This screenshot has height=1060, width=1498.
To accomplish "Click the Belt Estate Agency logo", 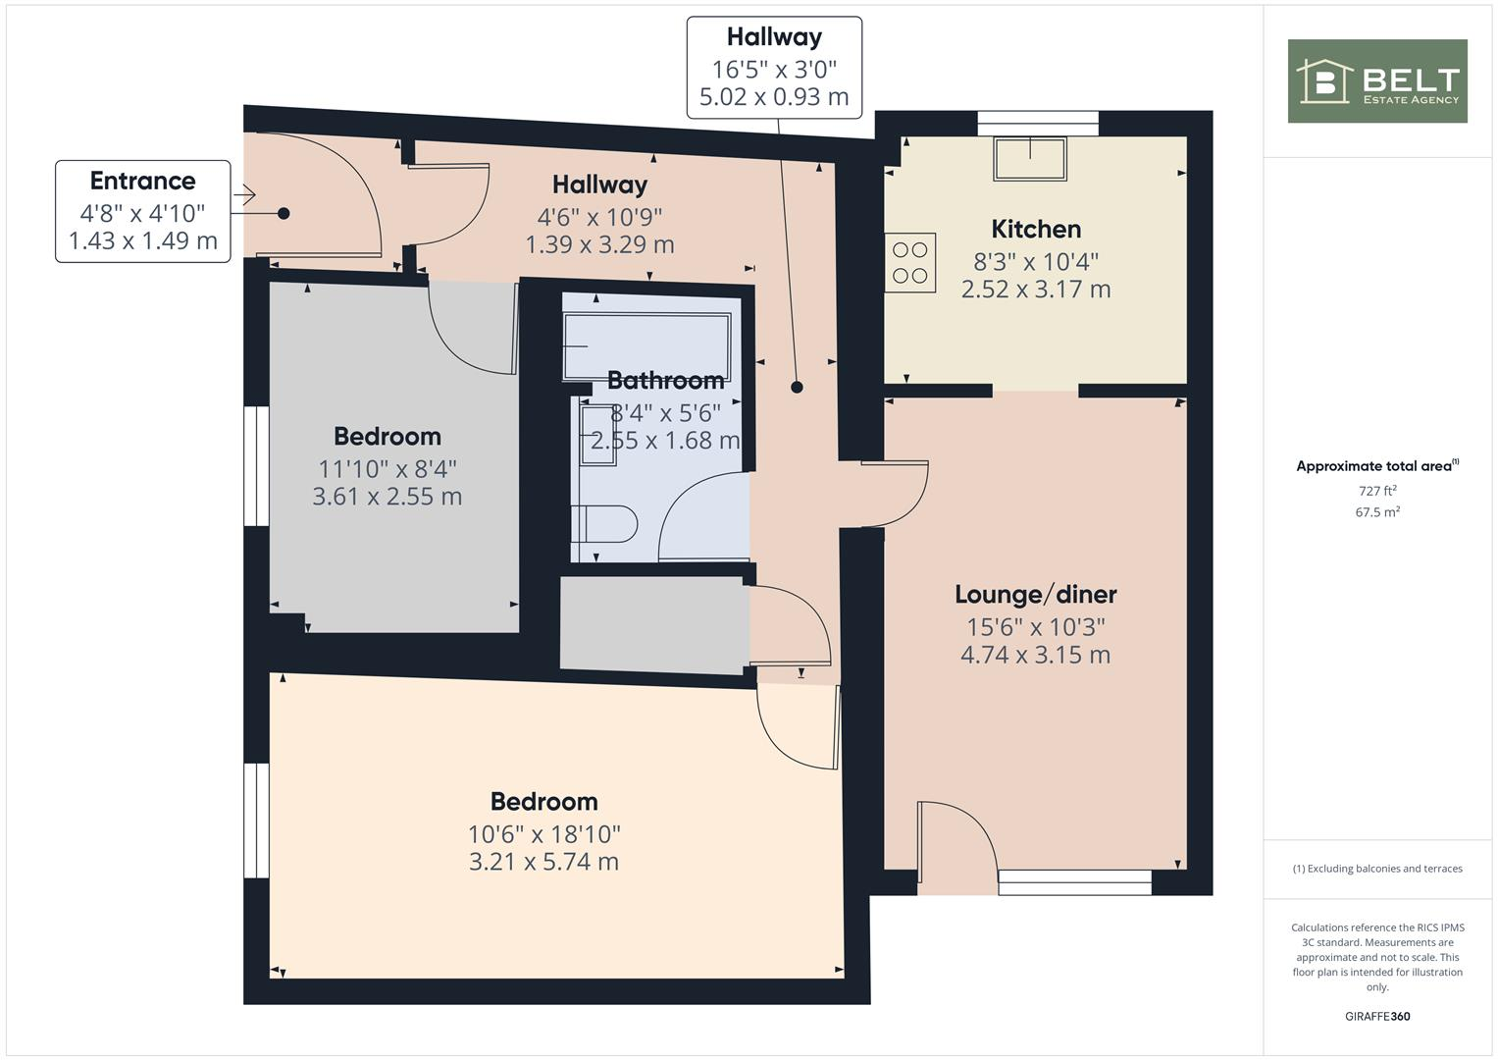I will [1376, 81].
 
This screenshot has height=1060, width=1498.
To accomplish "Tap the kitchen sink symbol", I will [1030, 159].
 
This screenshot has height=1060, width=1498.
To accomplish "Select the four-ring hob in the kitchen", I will [910, 262].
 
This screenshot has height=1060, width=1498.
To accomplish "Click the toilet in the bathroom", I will [605, 523].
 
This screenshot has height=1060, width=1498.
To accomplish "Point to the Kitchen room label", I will [1036, 230].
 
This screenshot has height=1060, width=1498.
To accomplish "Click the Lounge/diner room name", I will [1036, 595].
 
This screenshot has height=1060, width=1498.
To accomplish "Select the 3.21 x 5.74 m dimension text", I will [543, 862].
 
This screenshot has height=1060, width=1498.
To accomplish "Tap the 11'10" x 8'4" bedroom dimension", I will [387, 468].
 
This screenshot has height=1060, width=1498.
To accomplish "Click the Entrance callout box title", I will [142, 182].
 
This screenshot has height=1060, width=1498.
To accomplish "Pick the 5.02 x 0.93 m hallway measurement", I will [774, 97].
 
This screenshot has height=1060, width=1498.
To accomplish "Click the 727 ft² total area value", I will [1376, 491].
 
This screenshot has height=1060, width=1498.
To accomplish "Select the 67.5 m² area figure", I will [1376, 512].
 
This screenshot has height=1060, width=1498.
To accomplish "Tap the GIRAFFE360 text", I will [1376, 1016].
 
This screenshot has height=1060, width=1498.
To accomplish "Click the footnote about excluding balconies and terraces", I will [1376, 869].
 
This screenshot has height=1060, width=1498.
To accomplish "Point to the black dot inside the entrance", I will [284, 213].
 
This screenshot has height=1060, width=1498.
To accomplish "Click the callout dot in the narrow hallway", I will [797, 388].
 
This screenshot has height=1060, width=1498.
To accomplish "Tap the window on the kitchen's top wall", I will [1037, 123].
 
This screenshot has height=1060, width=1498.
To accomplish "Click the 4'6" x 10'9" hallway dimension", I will [599, 217].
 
